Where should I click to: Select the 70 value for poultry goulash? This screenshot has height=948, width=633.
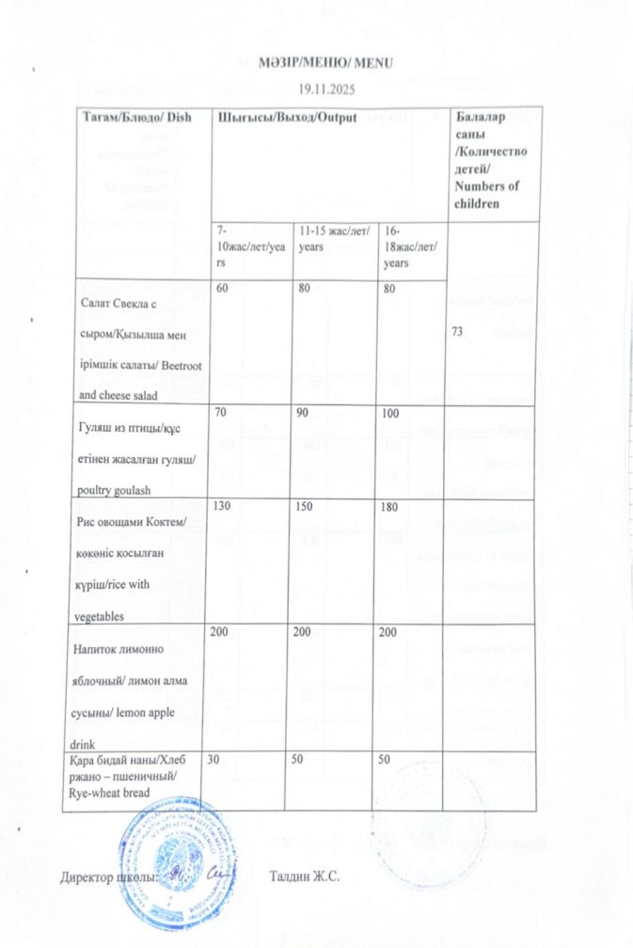click(223, 412)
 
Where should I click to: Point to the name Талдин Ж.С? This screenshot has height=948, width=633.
click(304, 877)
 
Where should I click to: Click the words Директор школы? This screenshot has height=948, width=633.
click(101, 877)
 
